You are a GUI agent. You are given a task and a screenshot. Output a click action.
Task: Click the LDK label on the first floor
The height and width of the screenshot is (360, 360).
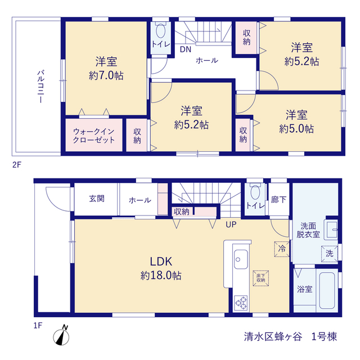point(161,262)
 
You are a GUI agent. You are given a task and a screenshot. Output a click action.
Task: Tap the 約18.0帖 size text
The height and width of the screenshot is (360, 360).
point(161,276)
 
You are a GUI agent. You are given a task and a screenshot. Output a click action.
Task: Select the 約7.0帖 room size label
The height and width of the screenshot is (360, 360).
point(106,75)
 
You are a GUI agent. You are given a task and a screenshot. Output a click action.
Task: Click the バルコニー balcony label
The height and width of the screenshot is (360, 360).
point(40,87)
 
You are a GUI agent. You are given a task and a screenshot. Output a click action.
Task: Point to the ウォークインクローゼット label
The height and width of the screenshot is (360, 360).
point(94,136)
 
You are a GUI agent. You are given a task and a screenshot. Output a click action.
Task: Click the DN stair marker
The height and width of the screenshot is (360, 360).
point(186,49)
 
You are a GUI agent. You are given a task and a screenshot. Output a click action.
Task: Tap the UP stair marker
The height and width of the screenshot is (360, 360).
point(231,224)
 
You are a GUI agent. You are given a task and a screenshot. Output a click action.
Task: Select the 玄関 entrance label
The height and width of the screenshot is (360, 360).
point(97,199)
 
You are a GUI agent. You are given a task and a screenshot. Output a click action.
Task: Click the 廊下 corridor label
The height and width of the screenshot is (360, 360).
point(278,200)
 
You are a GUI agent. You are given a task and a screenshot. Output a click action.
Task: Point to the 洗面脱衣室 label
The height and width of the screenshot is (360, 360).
point(308,230)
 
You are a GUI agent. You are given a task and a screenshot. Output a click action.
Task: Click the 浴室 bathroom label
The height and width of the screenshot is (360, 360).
point(305,289)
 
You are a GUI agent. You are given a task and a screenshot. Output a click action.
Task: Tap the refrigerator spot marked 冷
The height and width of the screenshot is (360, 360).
point(282,249)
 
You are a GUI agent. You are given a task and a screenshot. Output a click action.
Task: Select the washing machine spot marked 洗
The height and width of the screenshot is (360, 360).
point(330,254)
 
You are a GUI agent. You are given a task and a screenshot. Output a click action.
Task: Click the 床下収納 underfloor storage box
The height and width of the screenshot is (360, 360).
point(261,278)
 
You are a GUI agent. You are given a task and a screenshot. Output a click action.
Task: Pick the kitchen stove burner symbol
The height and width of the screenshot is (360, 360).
point(241,303)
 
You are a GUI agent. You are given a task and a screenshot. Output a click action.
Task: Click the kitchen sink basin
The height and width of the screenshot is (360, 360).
point(241,259)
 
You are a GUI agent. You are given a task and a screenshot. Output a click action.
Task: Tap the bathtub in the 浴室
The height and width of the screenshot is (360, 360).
point(327,290)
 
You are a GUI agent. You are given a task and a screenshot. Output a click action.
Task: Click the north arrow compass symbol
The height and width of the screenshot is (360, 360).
point(61,336)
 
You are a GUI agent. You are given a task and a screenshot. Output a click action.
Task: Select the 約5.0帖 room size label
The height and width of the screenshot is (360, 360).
point(296,129)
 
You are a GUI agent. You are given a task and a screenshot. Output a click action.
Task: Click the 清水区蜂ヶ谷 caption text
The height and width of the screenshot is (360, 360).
point(273,337)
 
